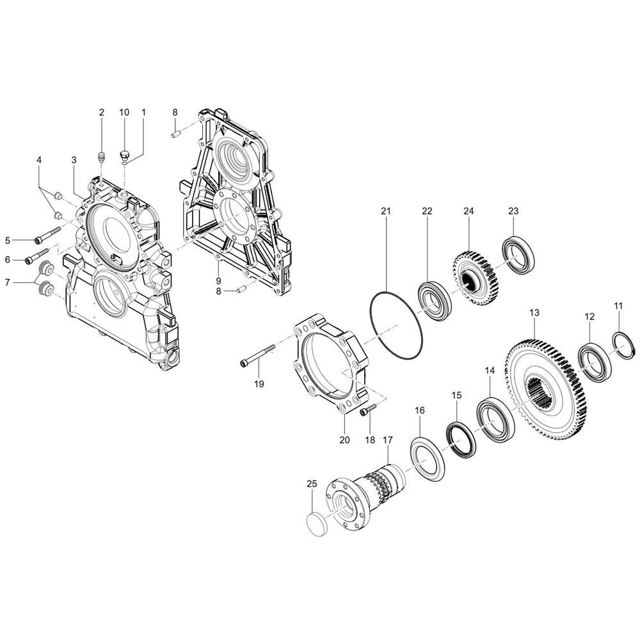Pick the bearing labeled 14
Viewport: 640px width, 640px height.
495,419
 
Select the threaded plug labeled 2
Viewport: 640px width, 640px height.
100,157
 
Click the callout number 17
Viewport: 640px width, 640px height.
387,440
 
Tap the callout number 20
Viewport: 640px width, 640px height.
345,440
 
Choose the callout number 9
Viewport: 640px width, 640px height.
218,280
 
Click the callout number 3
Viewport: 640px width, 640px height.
74,159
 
